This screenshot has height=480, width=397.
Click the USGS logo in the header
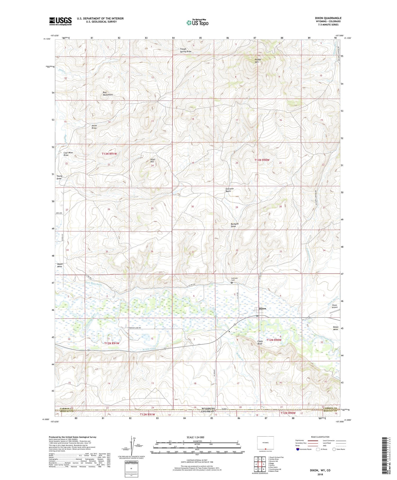point(60,21)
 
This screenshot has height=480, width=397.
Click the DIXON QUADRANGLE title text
point(328,18)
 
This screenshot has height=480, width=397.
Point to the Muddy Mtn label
point(258,61)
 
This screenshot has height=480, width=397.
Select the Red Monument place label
point(107,93)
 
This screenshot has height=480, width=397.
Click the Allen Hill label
point(152,160)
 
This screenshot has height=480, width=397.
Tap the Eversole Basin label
point(229,190)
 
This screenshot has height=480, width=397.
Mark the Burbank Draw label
point(234,225)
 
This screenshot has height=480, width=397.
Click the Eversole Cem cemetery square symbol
point(232,283)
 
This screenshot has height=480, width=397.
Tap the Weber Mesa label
point(60,265)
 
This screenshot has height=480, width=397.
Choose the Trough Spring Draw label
point(185,50)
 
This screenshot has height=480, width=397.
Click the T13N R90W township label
point(262,160)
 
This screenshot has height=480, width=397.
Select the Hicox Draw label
point(94,127)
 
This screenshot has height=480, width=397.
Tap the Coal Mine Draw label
point(68,154)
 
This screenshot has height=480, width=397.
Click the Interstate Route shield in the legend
point(298,449)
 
